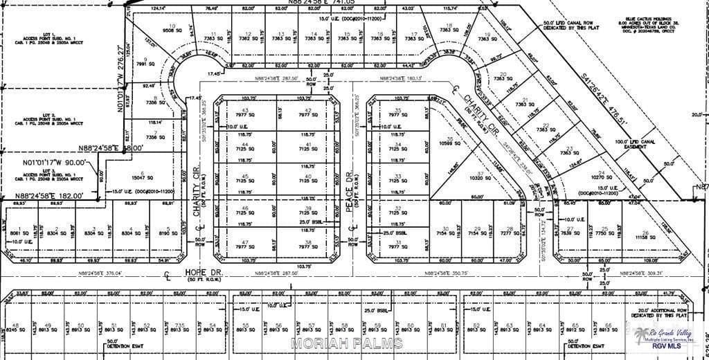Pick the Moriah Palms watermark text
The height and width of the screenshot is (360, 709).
coord(346,344)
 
